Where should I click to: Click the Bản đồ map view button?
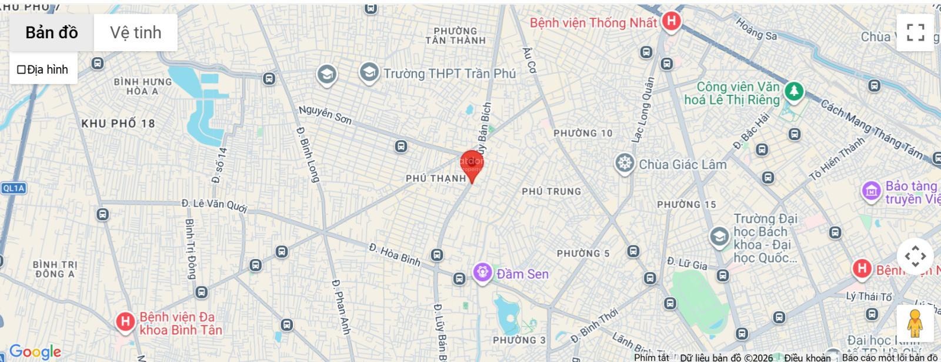pyautogui.click(x=52, y=33)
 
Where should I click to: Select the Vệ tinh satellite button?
pyautogui.click(x=135, y=33)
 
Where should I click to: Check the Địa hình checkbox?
pyautogui.click(x=21, y=70)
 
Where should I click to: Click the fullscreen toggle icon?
pyautogui.click(x=915, y=32)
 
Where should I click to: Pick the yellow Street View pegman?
pyautogui.click(x=914, y=323)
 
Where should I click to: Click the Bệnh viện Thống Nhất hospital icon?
pyautogui.click(x=670, y=22)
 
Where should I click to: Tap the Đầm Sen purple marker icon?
pyautogui.click(x=483, y=273)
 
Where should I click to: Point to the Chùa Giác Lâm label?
pyautogui.click(x=682, y=164)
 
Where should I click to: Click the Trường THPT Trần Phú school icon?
pyautogui.click(x=369, y=73)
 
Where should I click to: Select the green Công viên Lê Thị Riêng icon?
pyautogui.click(x=794, y=91)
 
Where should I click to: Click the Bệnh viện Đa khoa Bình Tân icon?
pyautogui.click(x=125, y=321)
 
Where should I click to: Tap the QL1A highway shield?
pyautogui.click(x=14, y=188)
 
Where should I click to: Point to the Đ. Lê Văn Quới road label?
pyautogui.click(x=214, y=205)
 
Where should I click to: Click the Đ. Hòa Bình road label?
pyautogui.click(x=395, y=254)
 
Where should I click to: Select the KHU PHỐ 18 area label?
pyautogui.click(x=118, y=124)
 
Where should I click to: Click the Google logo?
pyautogui.click(x=35, y=352)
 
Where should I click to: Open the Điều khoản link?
pyautogui.click(x=807, y=357)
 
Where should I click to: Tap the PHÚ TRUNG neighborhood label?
pyautogui.click(x=551, y=191)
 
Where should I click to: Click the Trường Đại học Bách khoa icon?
pyautogui.click(x=719, y=237)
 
